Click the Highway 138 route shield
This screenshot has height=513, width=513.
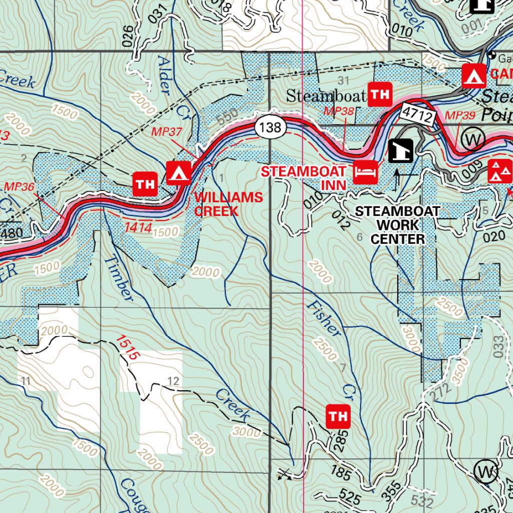tap(271, 127)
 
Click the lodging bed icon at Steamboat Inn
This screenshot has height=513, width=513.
tap(365, 173)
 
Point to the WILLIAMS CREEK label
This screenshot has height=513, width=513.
tap(228, 204)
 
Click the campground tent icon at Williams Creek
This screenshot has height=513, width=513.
tap(178, 173)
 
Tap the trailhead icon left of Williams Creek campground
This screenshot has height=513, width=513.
tap(145, 184)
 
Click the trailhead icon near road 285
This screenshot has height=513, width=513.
tap(338, 416)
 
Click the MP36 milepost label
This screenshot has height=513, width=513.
tap(19, 186)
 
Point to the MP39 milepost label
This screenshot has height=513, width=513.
tap(460, 116)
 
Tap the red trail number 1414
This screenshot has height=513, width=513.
tap(138, 227)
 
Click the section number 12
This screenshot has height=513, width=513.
tap(173, 382)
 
